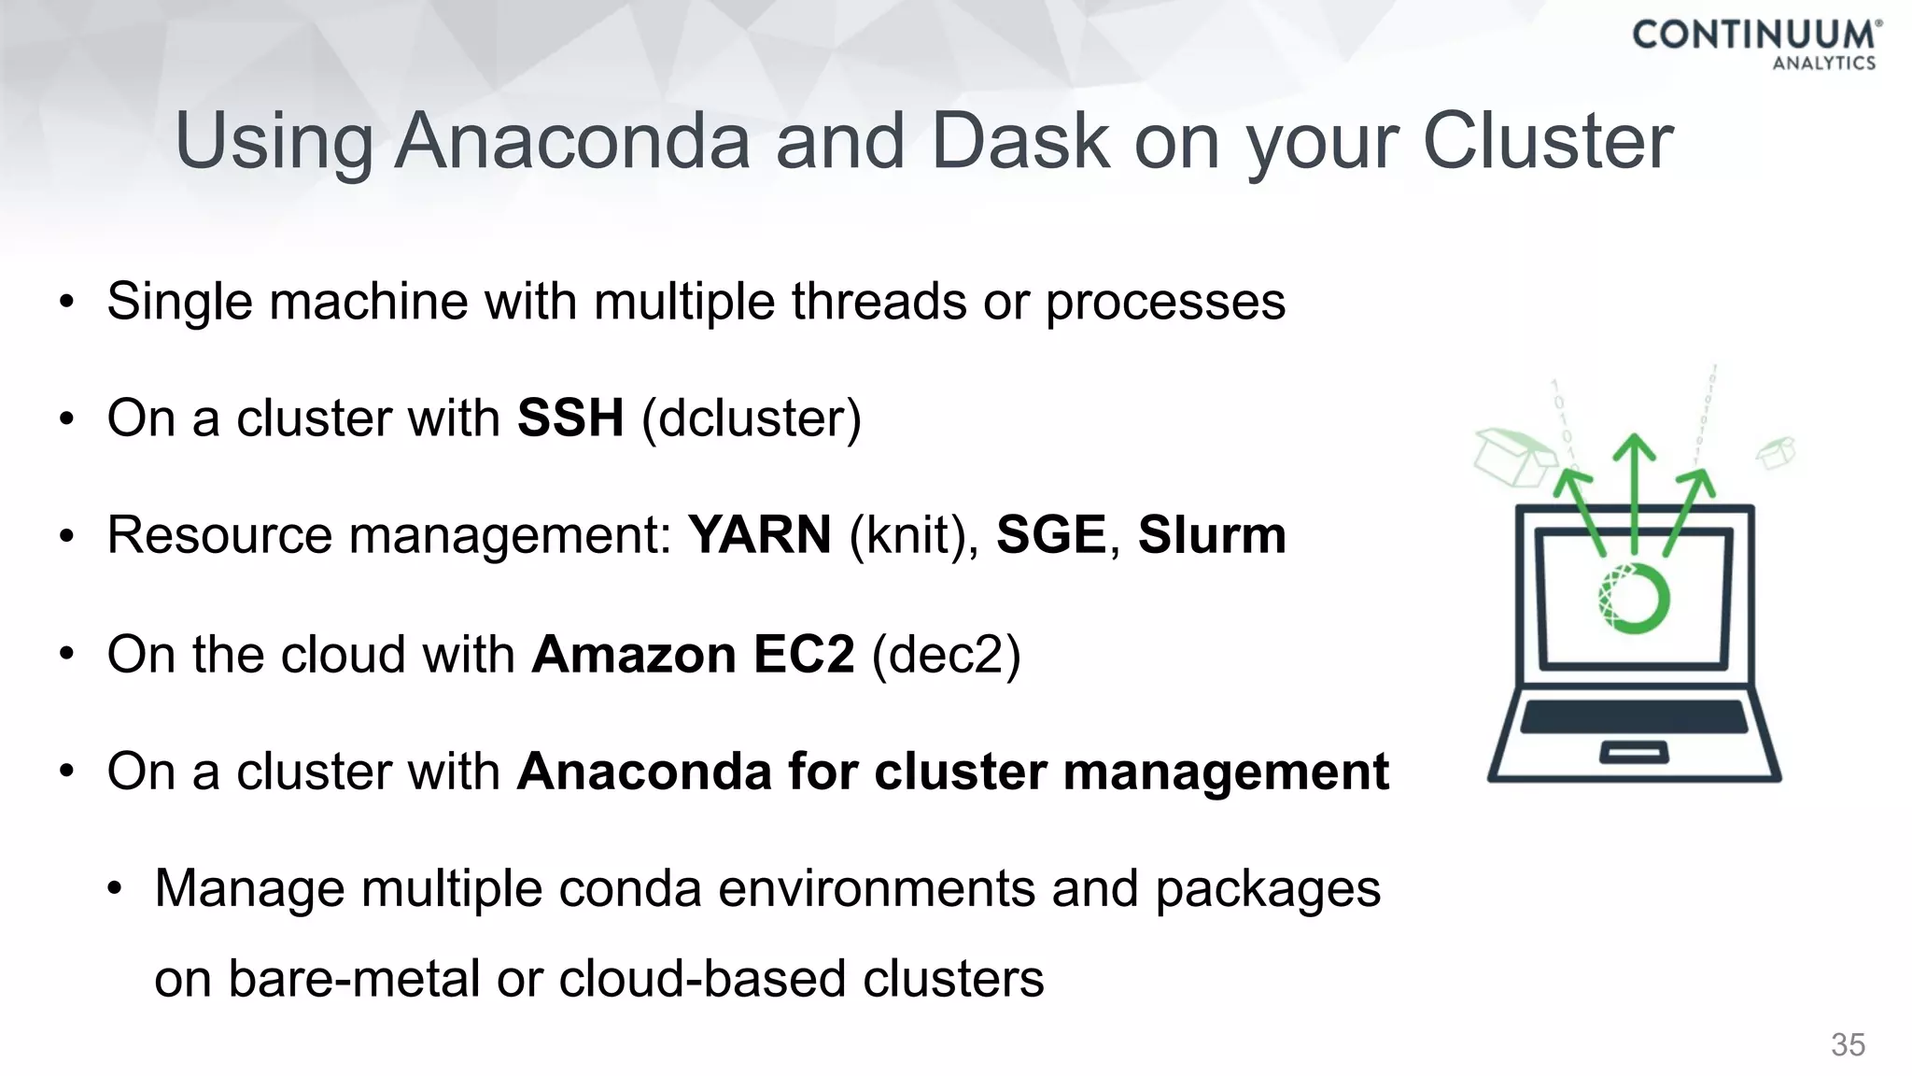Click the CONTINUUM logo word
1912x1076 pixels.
tap(1753, 35)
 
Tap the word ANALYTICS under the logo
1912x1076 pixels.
tap(1824, 64)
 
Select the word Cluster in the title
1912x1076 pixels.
tap(1547, 141)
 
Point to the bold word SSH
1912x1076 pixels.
tap(570, 418)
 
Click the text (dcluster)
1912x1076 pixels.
tap(752, 418)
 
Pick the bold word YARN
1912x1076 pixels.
tap(759, 535)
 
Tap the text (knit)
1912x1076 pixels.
tap(912, 535)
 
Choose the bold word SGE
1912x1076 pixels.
tap(1051, 535)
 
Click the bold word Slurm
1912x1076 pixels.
tap(1212, 535)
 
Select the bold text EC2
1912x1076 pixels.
tap(804, 654)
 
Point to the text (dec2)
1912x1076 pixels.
tap(946, 654)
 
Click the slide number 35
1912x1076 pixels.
tap(1848, 1044)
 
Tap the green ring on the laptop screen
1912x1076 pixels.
tap(1634, 598)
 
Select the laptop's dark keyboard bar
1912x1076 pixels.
tap(1634, 717)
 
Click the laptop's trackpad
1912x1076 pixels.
tap(1634, 753)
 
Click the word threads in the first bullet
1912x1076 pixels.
tap(879, 302)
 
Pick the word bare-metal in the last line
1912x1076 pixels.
tap(354, 979)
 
